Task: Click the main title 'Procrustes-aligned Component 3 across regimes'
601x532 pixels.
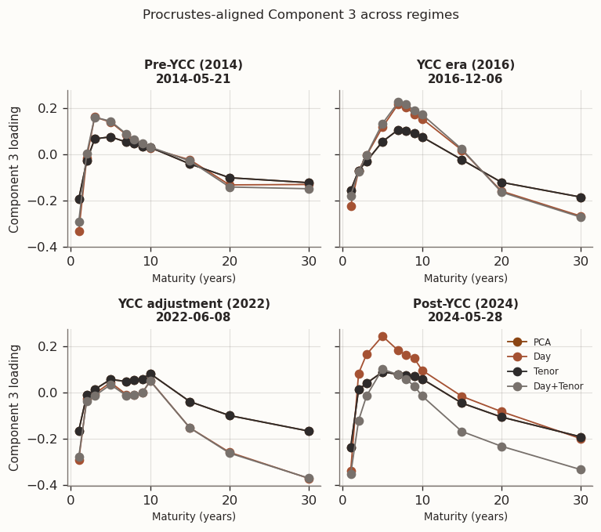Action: [300, 15]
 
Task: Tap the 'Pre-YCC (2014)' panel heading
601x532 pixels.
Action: [194, 65]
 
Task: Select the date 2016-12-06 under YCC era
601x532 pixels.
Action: [465, 79]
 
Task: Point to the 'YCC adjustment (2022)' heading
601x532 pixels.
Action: [194, 304]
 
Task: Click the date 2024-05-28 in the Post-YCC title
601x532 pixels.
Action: [465, 317]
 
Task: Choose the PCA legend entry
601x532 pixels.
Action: [541, 342]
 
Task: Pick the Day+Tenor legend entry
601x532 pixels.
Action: [558, 386]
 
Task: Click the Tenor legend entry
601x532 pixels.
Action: [546, 371]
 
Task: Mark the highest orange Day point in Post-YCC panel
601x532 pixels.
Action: [382, 337]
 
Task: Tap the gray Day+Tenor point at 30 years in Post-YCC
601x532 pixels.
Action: [581, 469]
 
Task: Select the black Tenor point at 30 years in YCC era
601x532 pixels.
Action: [581, 197]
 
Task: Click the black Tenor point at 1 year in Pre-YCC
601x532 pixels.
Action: [79, 199]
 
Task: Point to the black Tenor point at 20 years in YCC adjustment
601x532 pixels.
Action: [230, 415]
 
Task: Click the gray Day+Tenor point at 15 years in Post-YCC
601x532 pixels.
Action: [462, 432]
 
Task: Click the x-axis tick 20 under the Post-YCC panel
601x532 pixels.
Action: [501, 501]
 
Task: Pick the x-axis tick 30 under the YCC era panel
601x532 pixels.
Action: [581, 262]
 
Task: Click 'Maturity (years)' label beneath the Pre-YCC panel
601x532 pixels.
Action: [194, 278]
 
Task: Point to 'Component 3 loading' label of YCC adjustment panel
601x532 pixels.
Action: [15, 407]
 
